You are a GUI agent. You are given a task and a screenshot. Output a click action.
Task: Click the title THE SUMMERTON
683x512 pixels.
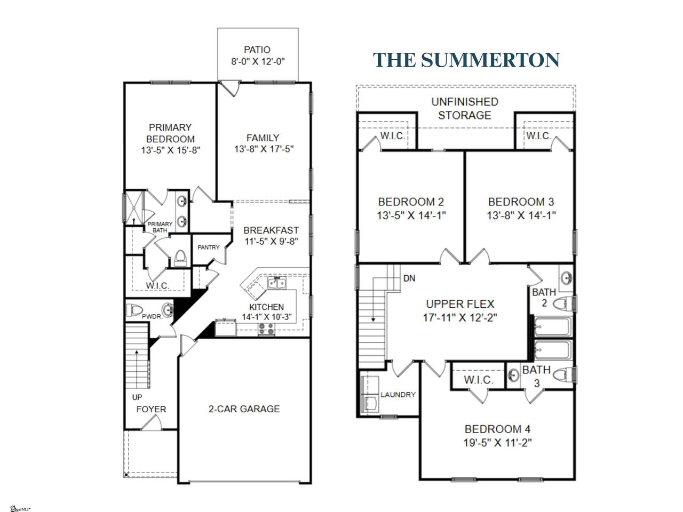pyautogui.click(x=466, y=60)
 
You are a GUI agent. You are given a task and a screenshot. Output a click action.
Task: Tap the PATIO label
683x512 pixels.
pyautogui.click(x=257, y=50)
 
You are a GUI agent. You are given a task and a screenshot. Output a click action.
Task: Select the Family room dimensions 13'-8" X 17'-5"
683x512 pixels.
pyautogui.click(x=264, y=149)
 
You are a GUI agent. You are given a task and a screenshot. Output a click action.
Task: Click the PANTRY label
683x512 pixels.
pyautogui.click(x=209, y=247)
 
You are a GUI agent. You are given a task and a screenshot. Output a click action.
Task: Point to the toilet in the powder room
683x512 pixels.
pyautogui.click(x=134, y=310)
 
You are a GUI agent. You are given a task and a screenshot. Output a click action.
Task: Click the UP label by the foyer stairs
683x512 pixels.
pyautogui.click(x=137, y=397)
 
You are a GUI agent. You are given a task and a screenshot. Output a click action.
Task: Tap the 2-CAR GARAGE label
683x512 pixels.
pyautogui.click(x=244, y=409)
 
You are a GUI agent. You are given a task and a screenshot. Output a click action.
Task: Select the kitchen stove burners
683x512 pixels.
pyautogui.click(x=267, y=329)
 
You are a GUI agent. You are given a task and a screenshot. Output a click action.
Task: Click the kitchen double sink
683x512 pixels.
pyautogui.click(x=277, y=284)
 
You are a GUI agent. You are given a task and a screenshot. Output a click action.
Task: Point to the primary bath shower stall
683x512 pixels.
pyautogui.click(x=134, y=207)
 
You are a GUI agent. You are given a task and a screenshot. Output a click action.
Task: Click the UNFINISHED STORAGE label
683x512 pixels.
pyautogui.click(x=465, y=108)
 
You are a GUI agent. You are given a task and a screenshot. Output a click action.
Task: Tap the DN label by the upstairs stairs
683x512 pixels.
pyautogui.click(x=409, y=278)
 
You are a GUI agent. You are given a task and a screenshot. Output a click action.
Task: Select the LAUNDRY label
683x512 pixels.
pyautogui.click(x=398, y=395)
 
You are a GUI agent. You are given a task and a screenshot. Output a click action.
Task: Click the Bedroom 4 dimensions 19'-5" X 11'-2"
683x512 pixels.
pyautogui.click(x=497, y=442)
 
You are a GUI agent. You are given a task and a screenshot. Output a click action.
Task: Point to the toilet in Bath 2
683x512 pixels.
pyautogui.click(x=564, y=303)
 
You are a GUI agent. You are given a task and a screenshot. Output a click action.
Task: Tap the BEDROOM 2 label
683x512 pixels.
pyautogui.click(x=411, y=202)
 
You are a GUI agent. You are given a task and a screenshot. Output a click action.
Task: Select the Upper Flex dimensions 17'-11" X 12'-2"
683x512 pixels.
pyautogui.click(x=460, y=318)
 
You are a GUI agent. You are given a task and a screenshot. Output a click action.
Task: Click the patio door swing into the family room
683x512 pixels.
pyautogui.click(x=231, y=89)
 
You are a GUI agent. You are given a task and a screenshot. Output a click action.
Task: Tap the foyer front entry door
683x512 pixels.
pyautogui.click(x=152, y=423)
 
